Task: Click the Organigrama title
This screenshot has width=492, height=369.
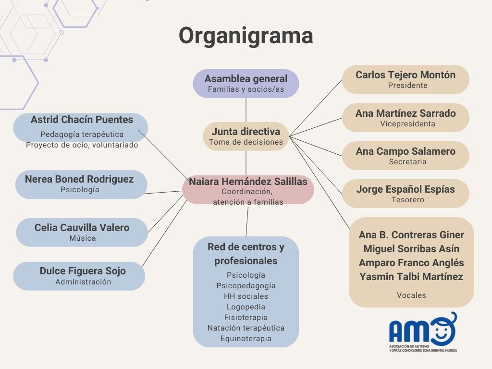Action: coord(246,36)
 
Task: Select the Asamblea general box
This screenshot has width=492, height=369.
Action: coord(246,84)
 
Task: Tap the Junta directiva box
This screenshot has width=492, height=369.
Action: coord(246,136)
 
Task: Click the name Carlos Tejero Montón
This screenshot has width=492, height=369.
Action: coord(406,75)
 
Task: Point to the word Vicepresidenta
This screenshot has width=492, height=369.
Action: coord(407,123)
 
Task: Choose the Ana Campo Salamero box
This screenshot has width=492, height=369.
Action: coord(406,155)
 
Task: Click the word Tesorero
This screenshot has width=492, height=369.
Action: coord(407,199)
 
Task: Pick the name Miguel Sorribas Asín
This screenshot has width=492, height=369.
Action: coord(411,249)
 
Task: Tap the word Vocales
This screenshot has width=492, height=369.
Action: coord(411,295)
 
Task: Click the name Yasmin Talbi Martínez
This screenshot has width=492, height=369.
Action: coord(411,277)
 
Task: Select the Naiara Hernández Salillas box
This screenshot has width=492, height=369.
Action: coord(248,189)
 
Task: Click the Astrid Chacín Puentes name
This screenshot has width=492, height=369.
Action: coord(82,120)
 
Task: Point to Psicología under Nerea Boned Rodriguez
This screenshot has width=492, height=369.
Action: coord(80,190)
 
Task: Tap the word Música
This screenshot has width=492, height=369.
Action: coord(82,238)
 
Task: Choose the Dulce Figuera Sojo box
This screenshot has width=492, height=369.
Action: coord(79,276)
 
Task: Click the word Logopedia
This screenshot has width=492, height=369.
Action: coord(246,307)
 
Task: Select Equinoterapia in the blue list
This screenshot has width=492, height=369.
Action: coord(246,339)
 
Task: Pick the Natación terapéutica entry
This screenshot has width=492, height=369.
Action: coord(246,328)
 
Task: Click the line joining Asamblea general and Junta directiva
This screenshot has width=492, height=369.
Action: coord(246,110)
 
